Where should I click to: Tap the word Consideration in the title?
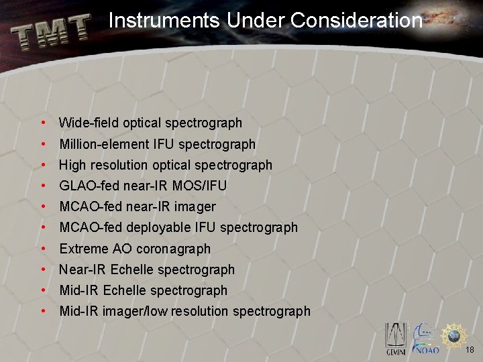356,21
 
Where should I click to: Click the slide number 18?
469,350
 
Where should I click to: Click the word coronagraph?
173,249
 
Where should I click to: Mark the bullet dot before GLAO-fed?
43,186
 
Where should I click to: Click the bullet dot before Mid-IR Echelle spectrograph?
43,290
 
